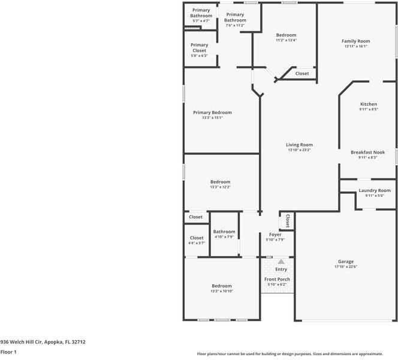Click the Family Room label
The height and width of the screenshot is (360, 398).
click(x=356, y=41)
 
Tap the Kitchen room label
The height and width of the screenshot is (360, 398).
click(x=368, y=104)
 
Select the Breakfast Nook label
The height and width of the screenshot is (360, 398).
click(x=368, y=152)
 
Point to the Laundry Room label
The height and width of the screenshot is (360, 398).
click(x=374, y=190)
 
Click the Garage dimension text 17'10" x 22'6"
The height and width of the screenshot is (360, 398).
click(x=345, y=267)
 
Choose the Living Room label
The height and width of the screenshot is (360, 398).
click(x=299, y=145)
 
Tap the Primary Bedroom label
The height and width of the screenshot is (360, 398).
click(x=212, y=112)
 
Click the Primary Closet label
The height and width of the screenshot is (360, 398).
click(x=199, y=47)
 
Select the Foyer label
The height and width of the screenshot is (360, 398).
click(x=275, y=234)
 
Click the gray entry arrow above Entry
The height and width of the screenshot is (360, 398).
click(x=281, y=261)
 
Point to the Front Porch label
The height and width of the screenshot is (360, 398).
click(x=277, y=279)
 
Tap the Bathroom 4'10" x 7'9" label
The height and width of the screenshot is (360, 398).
click(x=224, y=232)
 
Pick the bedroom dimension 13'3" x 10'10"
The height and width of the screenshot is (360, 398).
click(x=221, y=291)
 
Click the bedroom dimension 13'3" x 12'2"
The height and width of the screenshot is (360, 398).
click(x=220, y=187)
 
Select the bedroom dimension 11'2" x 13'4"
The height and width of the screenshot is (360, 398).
click(x=286, y=40)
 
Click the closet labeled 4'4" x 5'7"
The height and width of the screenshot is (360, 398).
click(x=197, y=243)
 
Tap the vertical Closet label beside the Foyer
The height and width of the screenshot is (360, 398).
click(x=288, y=221)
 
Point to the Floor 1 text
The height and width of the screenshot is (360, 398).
click(x=8, y=352)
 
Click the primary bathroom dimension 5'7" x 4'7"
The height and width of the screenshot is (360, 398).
click(x=201, y=21)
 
